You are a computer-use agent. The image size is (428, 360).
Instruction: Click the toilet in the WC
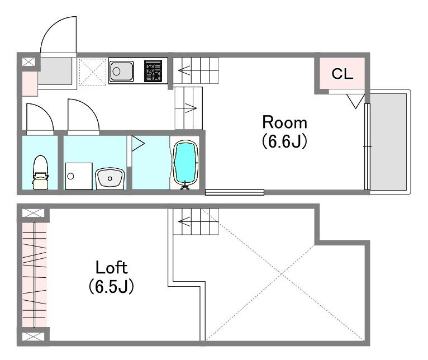pyautogui.click(x=40, y=172)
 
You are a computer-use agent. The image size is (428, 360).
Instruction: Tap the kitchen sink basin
pyautogui.click(x=121, y=72)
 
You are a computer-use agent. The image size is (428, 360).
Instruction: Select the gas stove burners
pyautogui.click(x=153, y=71)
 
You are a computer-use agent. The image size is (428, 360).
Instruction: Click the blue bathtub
pyautogui.click(x=186, y=163)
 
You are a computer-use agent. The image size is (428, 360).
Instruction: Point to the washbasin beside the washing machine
pyautogui.click(x=110, y=179)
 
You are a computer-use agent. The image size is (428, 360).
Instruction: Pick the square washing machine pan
pyautogui.click(x=79, y=176)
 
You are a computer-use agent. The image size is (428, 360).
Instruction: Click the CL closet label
pyautogui.click(x=343, y=74)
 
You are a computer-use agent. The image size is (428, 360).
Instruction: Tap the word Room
pyautogui.click(x=285, y=122)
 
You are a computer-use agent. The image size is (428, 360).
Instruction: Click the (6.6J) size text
pyautogui.click(x=285, y=141)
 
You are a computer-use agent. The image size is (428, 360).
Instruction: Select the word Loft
pyautogui.click(x=111, y=268)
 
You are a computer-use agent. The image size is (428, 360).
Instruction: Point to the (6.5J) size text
pyautogui.click(x=111, y=286)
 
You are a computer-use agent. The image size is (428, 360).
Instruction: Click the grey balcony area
pyautogui.click(x=388, y=142)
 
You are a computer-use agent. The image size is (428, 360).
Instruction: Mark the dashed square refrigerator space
pyautogui.click(x=93, y=72)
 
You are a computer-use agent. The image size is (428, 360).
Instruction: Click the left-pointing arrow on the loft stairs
pyautogui.click(x=184, y=221)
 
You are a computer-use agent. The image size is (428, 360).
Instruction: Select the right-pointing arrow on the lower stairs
pyautogui.click(x=191, y=108)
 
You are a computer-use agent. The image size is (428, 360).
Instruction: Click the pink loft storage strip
pyautogui.click(x=34, y=275)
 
